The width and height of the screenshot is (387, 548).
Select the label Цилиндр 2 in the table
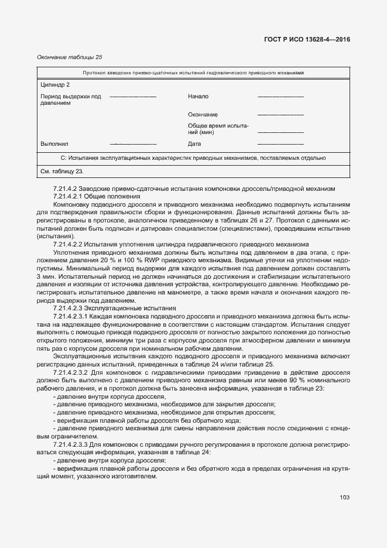click(55, 84)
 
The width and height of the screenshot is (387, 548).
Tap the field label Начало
click(198, 96)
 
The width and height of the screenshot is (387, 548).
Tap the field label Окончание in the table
click(203, 115)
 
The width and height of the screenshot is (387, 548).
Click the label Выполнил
click(54, 143)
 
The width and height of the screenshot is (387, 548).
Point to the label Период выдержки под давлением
click(70, 100)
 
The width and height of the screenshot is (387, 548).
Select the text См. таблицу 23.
click(61, 172)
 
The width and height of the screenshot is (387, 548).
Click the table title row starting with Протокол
click(193, 73)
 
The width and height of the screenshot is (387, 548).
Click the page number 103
click(344, 498)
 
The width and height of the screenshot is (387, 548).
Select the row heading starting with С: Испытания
click(193, 158)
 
